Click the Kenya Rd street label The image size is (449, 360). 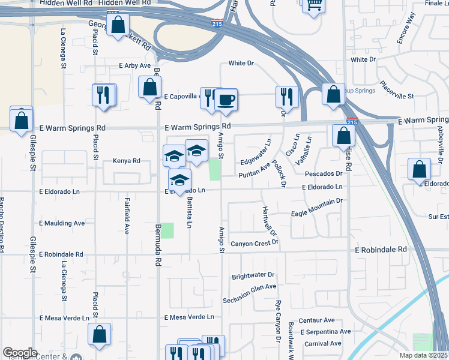point(126,161)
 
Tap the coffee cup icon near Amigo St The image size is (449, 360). point(226,100)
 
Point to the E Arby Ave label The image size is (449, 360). point(134,65)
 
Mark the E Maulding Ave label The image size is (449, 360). point(62,223)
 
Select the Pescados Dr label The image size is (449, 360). point(323,173)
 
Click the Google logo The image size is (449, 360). point(20,353)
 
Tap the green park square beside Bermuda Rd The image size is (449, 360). point(167,230)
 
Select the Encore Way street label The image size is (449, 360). point(406,28)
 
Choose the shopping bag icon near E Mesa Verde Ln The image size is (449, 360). point(100,335)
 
